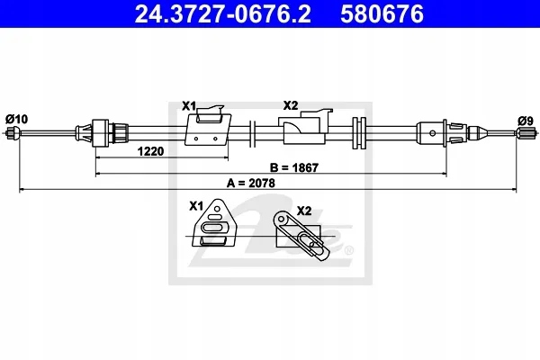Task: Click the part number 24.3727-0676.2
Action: pos(222,14)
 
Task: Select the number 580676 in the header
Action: pos(382,14)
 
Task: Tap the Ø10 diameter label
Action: pos(16,119)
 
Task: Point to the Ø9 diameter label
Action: pos(526,121)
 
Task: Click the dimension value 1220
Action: pos(150,151)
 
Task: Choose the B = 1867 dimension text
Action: pos(294,167)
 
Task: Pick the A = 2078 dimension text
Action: pos(251,184)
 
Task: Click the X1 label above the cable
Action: pos(189,106)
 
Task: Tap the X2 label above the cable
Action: pos(291,105)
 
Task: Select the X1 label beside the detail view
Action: pos(196,206)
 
